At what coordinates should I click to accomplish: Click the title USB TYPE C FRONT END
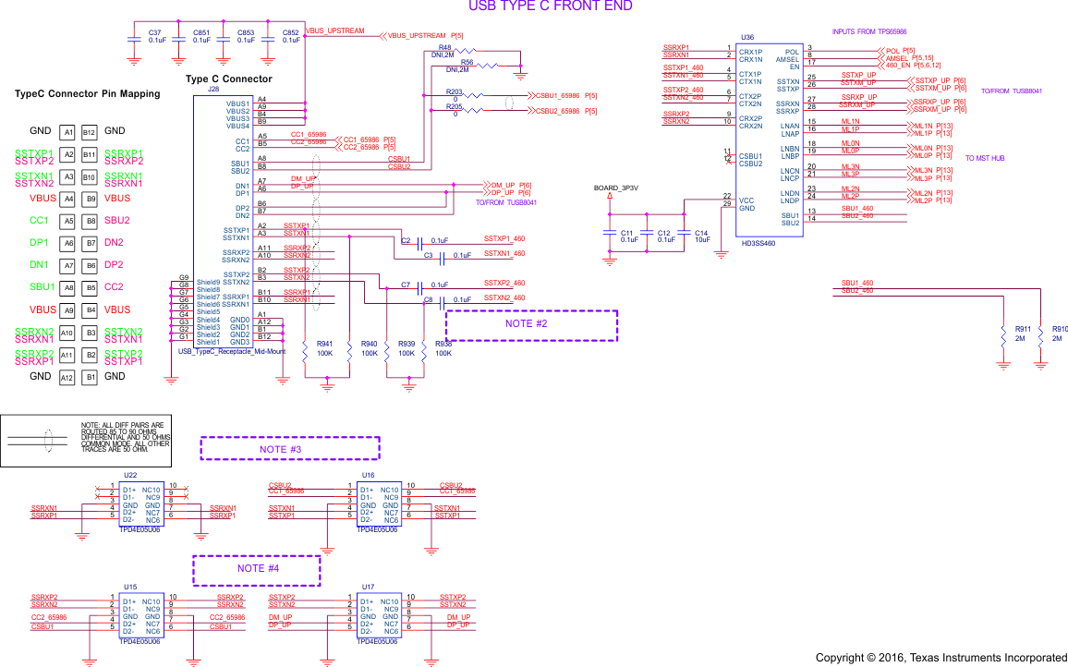click(550, 6)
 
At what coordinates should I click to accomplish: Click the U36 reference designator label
click(747, 38)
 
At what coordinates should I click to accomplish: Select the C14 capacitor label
click(701, 233)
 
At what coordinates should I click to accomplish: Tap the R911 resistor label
click(1023, 329)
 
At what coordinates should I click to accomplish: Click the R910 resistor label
click(1060, 329)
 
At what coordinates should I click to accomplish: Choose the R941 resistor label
click(324, 344)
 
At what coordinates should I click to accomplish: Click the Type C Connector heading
click(228, 79)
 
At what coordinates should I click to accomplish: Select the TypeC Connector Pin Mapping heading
click(87, 94)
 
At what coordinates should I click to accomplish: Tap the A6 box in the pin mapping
click(67, 243)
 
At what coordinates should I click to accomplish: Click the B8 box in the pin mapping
click(90, 221)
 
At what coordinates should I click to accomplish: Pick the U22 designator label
click(130, 475)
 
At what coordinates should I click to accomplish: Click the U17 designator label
click(369, 587)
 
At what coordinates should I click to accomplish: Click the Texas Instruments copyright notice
click(941, 658)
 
